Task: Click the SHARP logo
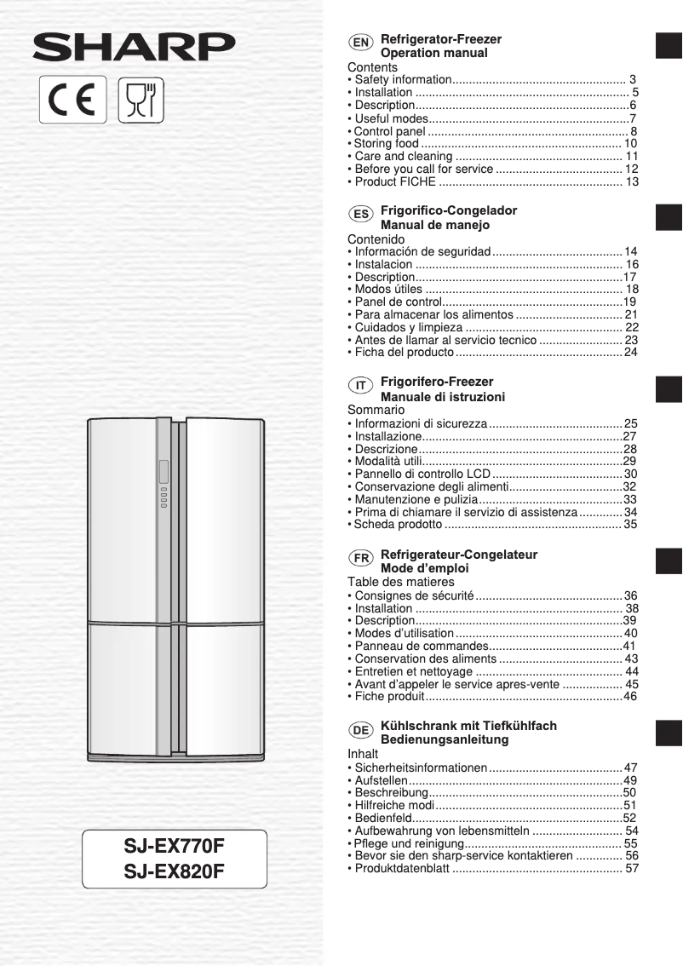(134, 48)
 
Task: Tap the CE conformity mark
(73, 100)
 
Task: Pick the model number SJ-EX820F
(174, 871)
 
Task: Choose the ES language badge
(360, 214)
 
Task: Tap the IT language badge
(360, 386)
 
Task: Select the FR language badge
(360, 558)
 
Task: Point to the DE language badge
(360, 730)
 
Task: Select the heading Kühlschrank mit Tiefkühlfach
(468, 726)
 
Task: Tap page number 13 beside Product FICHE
(632, 182)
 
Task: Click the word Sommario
(376, 410)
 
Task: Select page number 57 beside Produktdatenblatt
(632, 869)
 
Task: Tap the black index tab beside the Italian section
(669, 389)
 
